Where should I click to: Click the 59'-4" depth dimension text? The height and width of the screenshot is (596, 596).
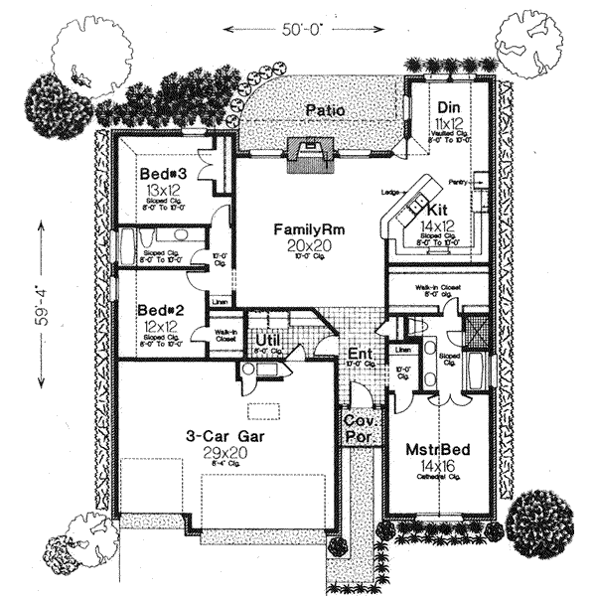(41, 310)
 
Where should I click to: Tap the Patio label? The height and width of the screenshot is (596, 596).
(325, 110)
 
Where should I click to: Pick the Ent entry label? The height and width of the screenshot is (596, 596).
(359, 354)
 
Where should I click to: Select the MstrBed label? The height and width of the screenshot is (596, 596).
(437, 449)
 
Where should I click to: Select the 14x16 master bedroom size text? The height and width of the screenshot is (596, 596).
(438, 465)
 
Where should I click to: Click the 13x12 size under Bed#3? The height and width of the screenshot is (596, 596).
(160, 190)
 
